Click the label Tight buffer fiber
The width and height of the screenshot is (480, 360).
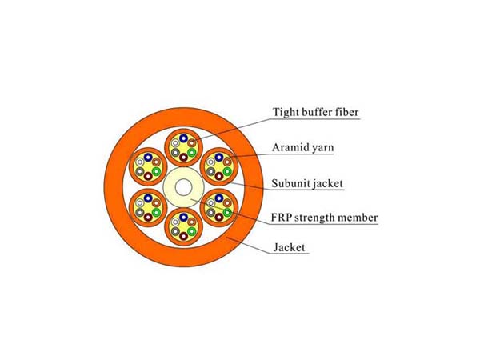[315, 112]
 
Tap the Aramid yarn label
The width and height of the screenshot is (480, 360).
[302, 147]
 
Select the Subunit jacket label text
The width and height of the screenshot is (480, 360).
[307, 183]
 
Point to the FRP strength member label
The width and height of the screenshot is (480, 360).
[324, 218]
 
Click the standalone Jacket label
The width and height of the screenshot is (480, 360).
[290, 247]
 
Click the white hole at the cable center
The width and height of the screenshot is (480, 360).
[183, 187]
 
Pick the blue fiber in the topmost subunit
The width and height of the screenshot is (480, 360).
[183, 138]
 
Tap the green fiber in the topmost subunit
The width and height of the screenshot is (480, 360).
[192, 152]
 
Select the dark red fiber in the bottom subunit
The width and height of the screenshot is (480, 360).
[183, 236]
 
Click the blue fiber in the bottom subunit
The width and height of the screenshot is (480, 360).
[183, 218]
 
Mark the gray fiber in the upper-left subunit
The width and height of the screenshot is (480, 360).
[140, 171]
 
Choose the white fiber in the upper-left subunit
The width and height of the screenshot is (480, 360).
[140, 162]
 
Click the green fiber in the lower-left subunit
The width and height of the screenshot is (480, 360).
[157, 212]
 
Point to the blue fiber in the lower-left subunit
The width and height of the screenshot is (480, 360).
[148, 198]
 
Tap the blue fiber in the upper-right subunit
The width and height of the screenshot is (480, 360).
[219, 158]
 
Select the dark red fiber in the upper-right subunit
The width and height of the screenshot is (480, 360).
[219, 176]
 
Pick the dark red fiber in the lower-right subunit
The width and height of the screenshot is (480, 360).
[219, 217]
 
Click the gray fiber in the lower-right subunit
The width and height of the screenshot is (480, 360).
[210, 212]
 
